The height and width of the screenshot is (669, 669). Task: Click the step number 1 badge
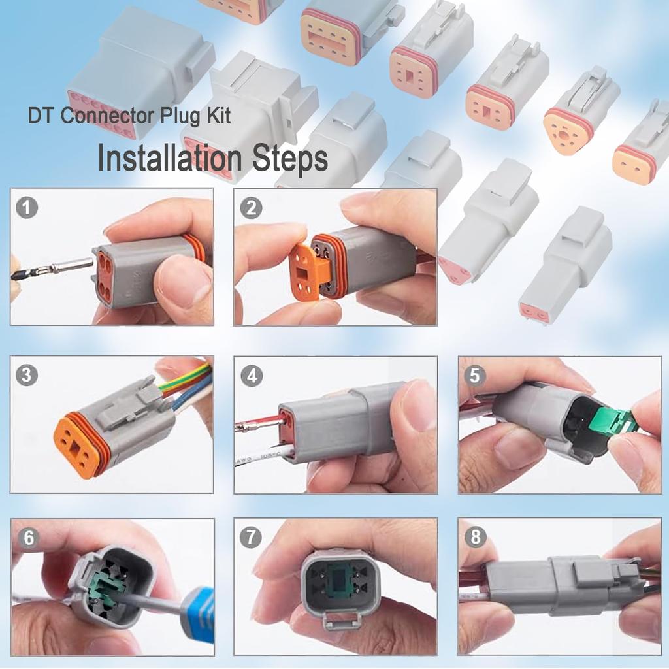[x=27, y=208]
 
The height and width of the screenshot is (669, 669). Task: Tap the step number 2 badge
[x=250, y=208]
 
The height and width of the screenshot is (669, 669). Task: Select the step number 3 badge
[x=27, y=376]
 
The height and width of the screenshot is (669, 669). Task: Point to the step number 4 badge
[x=251, y=376]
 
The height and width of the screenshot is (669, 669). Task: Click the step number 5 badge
[x=475, y=376]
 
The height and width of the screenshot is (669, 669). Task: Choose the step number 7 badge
[x=251, y=538]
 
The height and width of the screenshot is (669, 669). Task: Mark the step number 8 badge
[x=475, y=538]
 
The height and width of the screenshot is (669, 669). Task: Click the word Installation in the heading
[x=169, y=159]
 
